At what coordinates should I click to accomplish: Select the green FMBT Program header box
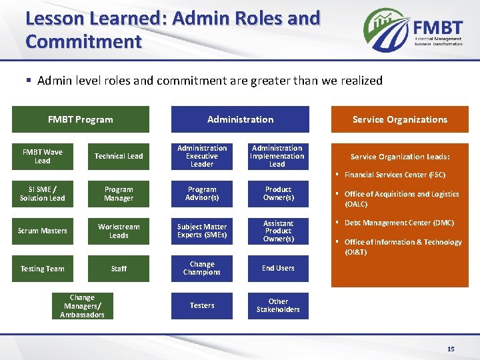pos(81,119)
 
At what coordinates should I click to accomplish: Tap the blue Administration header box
pos(240,119)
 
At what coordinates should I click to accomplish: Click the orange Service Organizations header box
pos(400,119)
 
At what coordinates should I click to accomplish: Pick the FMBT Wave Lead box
pos(43,156)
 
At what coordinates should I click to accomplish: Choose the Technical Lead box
pos(119,156)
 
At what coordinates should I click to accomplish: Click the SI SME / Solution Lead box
pos(43,193)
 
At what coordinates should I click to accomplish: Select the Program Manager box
pos(119,193)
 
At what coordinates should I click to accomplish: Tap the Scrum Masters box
pos(43,231)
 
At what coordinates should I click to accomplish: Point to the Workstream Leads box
pos(119,231)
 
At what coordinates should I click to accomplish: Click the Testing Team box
pos(43,269)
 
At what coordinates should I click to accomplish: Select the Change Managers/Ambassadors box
pos(82,306)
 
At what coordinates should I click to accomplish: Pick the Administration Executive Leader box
pos(202,156)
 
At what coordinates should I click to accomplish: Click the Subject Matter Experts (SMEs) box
pos(202,231)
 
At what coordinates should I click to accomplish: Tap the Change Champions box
pos(202,268)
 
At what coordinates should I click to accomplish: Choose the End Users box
pos(278,268)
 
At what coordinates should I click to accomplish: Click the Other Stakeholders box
pos(278,305)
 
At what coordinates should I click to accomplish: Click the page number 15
pos(451,349)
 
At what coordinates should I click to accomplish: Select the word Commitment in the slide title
pos(83,41)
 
